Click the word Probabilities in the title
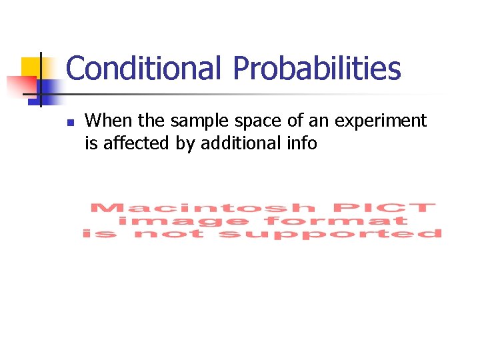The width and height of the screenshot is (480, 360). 317,68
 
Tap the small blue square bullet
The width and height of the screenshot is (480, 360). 69,123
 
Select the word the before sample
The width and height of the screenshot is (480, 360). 147,121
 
